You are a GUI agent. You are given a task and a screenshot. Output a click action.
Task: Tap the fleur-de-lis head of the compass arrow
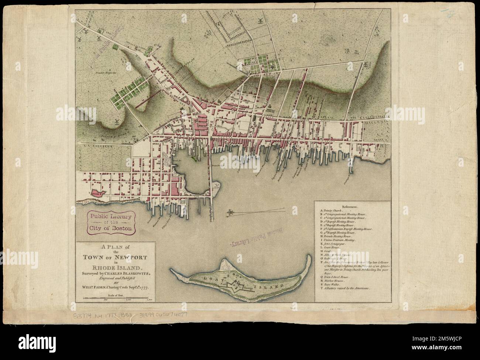coord(231,212)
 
